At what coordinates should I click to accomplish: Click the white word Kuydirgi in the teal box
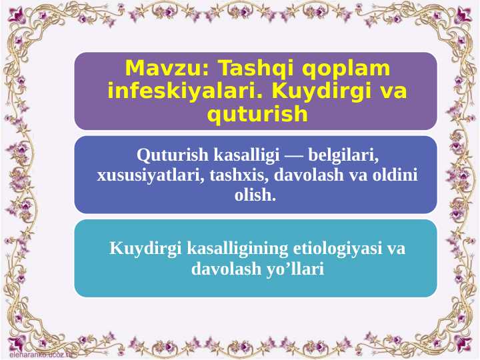138,249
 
